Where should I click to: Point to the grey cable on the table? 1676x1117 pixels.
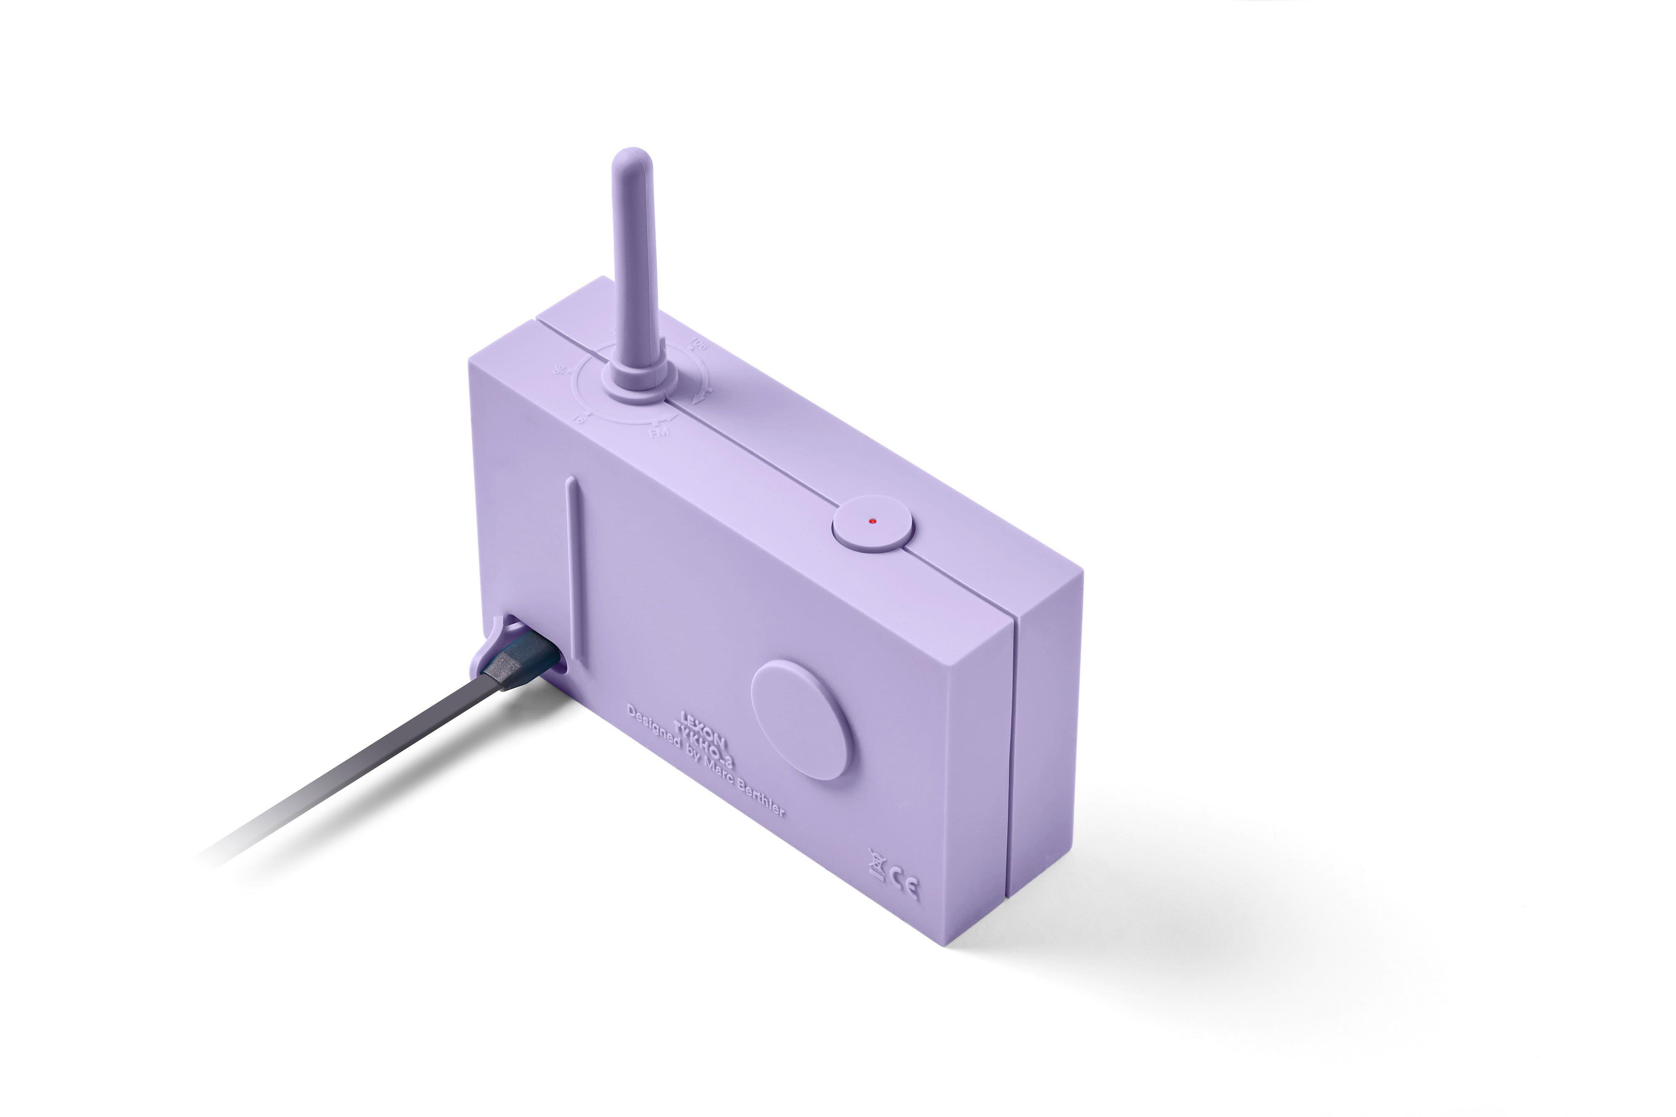[356, 769]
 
